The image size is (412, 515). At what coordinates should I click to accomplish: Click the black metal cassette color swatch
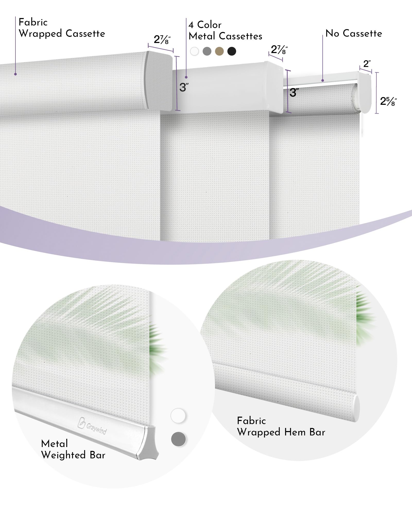pos(232,51)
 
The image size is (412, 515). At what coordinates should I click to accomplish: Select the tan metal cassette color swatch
pos(219,51)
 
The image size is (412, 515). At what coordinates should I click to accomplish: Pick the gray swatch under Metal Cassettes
pos(207,51)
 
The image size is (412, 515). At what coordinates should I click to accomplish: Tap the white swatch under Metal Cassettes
pos(195,51)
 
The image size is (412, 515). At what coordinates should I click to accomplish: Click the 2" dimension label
pos(367,64)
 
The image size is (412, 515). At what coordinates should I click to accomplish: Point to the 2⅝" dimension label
pos(388,101)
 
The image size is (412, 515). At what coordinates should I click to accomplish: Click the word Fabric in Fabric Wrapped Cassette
pos(33,22)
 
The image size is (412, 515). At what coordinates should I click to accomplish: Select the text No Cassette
pos(354,33)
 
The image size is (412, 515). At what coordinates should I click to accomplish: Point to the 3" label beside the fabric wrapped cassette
pos(184,87)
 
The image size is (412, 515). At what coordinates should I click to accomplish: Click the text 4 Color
pos(205,25)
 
